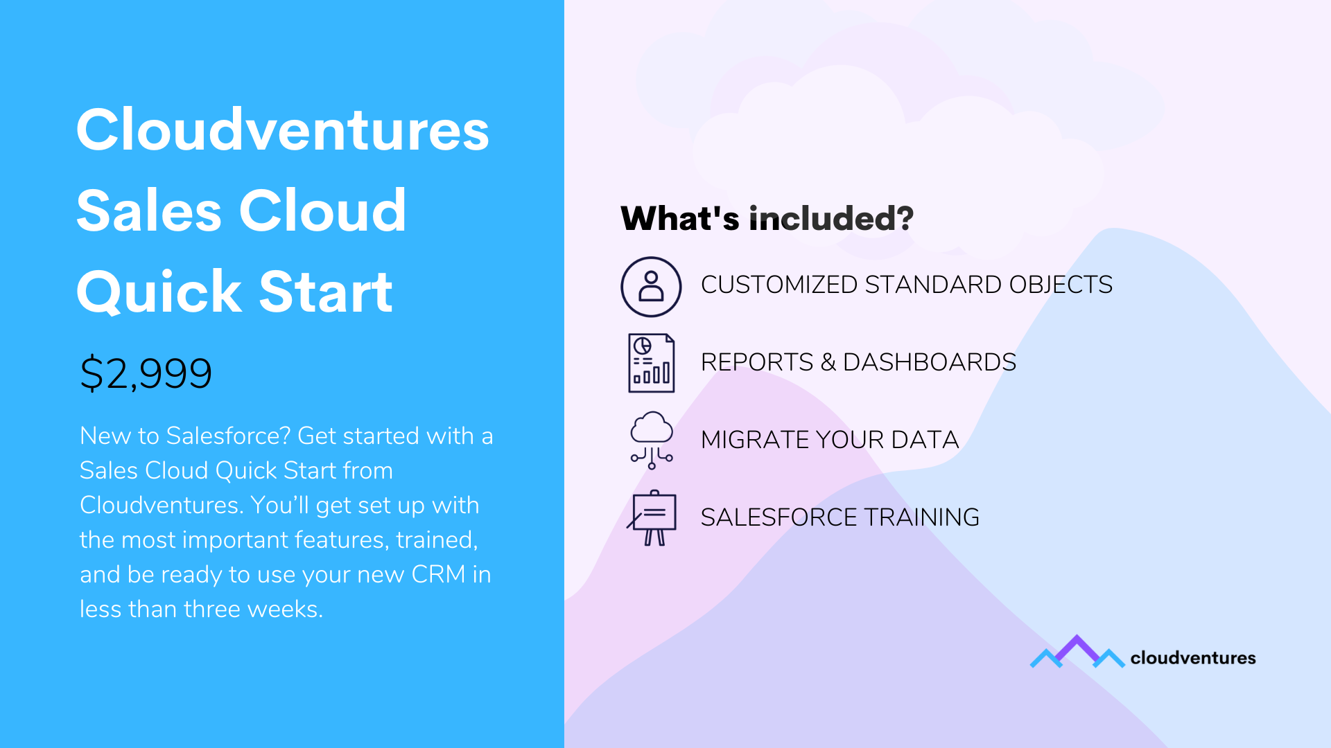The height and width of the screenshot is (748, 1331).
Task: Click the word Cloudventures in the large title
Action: tap(283, 130)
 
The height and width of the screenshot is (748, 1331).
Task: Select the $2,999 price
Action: tap(146, 373)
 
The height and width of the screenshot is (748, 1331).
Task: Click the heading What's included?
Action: tap(767, 218)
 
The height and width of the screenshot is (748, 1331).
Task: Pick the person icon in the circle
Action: tap(651, 286)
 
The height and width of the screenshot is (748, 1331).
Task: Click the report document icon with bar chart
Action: tap(652, 363)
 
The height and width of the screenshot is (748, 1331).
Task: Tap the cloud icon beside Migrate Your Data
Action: tap(652, 440)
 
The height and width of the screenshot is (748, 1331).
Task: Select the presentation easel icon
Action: tap(652, 518)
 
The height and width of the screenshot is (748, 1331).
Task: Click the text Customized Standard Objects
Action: tap(907, 285)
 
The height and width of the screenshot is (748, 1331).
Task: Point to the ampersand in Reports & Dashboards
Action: tap(828, 362)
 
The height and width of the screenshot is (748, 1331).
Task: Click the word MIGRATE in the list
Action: tap(754, 440)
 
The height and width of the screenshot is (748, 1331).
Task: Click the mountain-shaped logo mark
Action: tap(1077, 652)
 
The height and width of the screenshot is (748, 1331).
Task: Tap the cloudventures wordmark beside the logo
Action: tap(1193, 658)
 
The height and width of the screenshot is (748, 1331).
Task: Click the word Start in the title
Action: tap(326, 292)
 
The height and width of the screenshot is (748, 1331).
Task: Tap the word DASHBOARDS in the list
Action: tap(930, 362)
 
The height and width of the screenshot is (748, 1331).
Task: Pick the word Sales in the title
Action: tap(149, 211)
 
